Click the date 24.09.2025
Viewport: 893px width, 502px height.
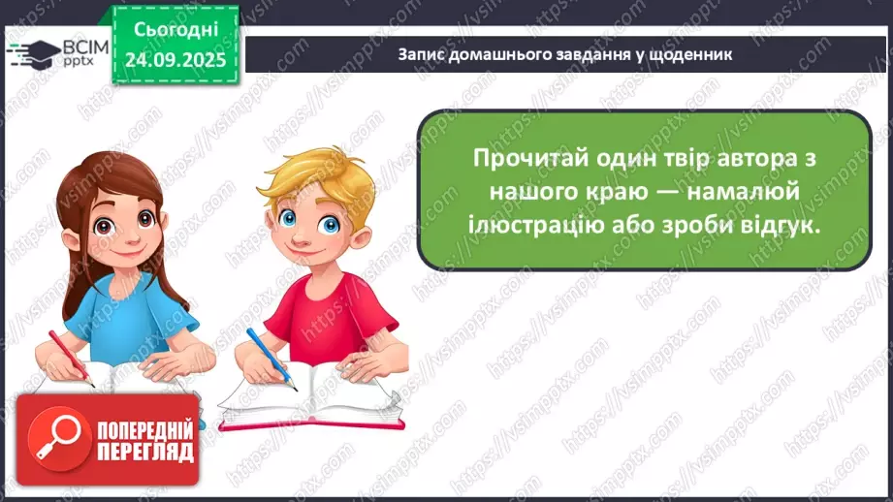[x=175, y=60]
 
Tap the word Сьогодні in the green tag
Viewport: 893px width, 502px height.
[x=175, y=30]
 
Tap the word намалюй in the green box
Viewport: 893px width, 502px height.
[x=744, y=191]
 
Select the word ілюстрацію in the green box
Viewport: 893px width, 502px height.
[x=536, y=226]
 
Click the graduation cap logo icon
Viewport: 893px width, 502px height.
[x=34, y=54]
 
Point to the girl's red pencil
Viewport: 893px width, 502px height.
[x=71, y=359]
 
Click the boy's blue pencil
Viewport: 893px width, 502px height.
[x=271, y=360]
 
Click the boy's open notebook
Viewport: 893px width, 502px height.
[x=311, y=398]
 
